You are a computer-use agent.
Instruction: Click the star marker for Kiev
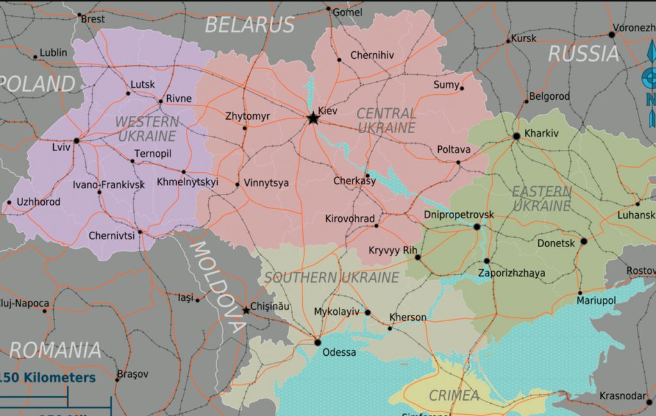[313, 118]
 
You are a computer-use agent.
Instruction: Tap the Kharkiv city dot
[516, 136]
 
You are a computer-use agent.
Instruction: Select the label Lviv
[61, 147]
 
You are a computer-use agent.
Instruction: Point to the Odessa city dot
[317, 342]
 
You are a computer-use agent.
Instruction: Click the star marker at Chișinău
[246, 310]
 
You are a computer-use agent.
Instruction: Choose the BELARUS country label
[249, 25]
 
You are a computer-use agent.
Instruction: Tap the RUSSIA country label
[584, 54]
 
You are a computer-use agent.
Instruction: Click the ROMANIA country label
[55, 350]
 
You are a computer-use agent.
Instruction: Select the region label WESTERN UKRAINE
[147, 129]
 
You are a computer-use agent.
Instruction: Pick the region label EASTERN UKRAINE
[541, 198]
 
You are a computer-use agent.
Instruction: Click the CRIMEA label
[454, 396]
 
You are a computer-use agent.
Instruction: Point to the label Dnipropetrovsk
[459, 214]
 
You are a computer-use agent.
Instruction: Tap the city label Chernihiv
[372, 56]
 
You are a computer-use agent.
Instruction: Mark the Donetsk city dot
[583, 241]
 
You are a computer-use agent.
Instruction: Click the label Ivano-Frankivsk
[108, 184]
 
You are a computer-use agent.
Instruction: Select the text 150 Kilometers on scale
[47, 378]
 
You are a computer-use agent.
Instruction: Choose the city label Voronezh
[634, 28]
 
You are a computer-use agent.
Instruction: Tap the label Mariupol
[596, 300]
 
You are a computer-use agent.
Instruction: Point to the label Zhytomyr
[247, 116]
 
